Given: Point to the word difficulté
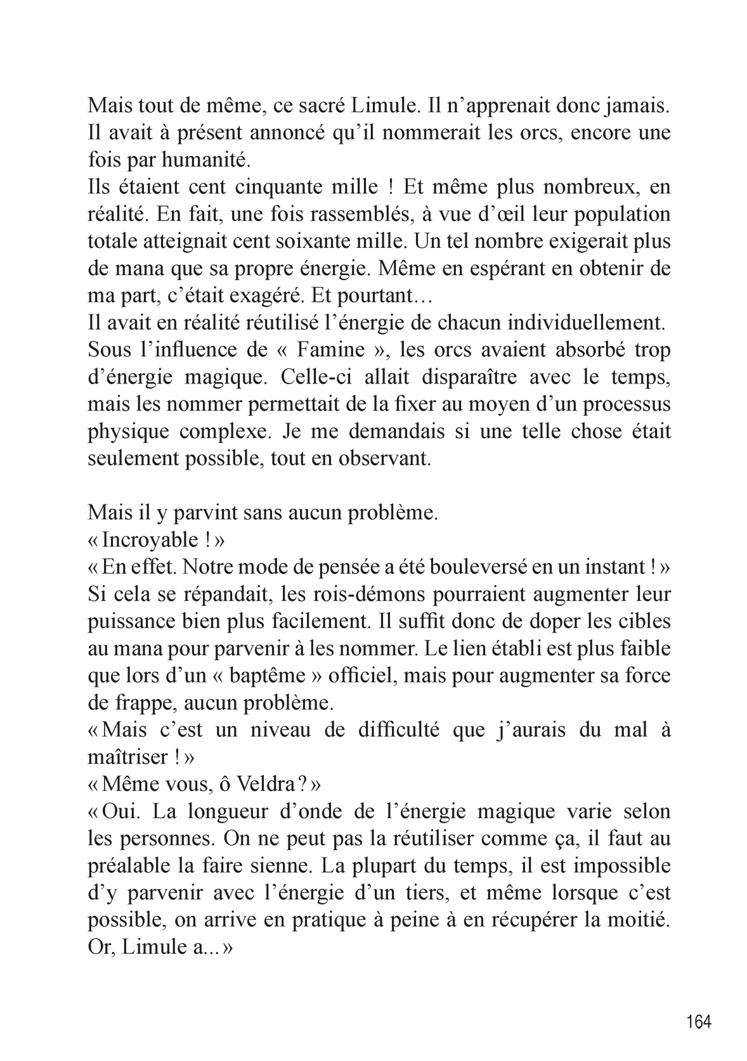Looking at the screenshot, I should click(391, 730).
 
